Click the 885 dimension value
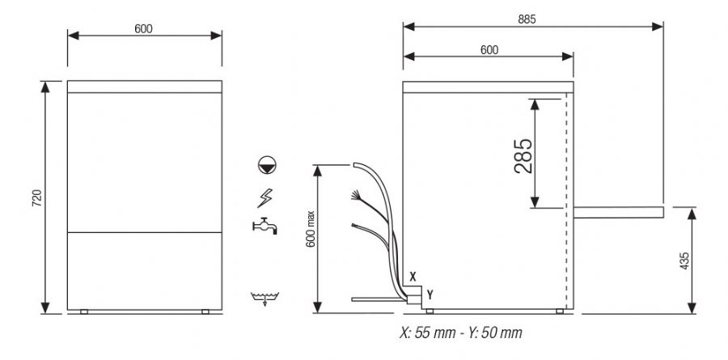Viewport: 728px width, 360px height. coord(527,19)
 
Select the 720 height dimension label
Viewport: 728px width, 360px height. coord(36,198)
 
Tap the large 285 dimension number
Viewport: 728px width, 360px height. coord(523,156)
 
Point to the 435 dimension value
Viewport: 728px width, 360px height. coord(684,261)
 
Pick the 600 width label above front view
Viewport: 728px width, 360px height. coord(143,29)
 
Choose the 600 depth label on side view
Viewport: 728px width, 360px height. coord(489,50)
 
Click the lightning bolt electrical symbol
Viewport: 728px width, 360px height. coord(265,198)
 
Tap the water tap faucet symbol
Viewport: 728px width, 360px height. coord(265,226)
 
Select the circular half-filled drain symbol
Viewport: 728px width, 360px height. coord(267,165)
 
